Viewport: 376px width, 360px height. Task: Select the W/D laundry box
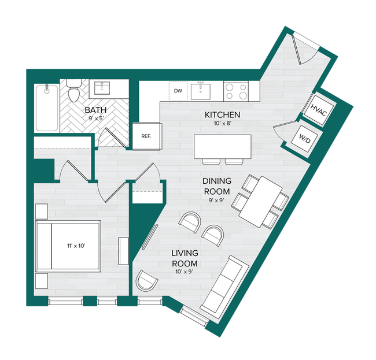304,139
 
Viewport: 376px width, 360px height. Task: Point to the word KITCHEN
222,115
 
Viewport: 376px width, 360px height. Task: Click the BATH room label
95,110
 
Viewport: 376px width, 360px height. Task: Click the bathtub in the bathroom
46,108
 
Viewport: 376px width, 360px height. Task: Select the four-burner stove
235,90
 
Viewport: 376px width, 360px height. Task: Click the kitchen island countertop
222,146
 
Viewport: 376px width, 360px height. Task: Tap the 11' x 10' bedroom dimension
76,245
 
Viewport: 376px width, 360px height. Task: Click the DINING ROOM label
216,187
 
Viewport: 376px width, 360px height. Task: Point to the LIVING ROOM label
185,258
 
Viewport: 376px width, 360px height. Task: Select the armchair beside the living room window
147,282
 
